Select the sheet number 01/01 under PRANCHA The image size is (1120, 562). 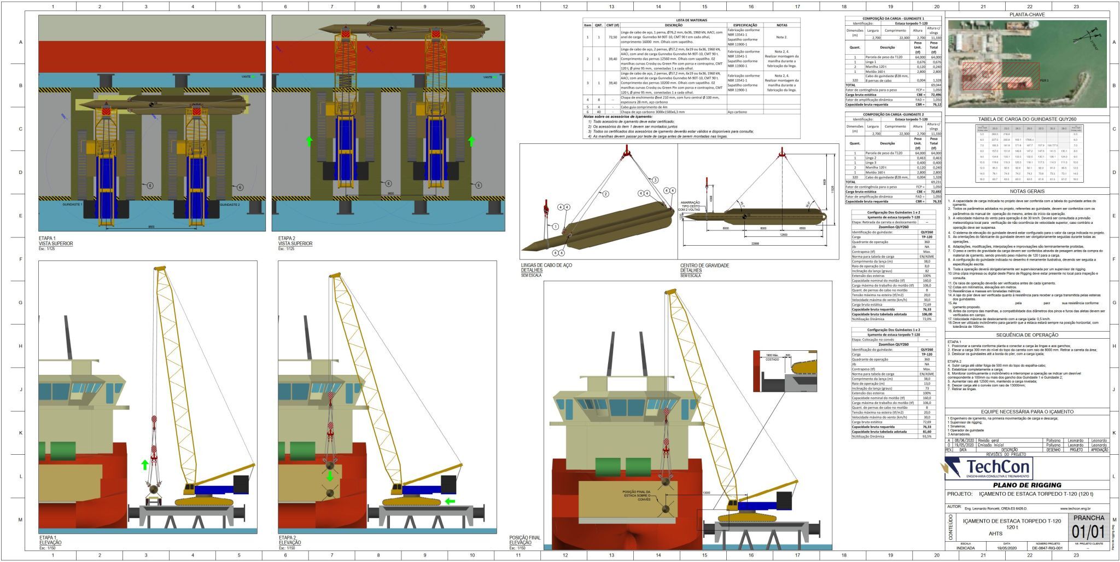point(1089,531)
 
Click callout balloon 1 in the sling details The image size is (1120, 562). point(555,226)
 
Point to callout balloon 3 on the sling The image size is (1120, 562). point(655,180)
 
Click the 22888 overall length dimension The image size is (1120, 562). point(755,243)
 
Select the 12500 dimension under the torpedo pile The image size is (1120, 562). point(783,235)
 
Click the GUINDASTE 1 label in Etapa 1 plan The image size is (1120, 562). point(73,204)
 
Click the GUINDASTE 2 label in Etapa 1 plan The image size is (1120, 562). point(230,204)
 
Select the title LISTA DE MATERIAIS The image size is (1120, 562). point(691,20)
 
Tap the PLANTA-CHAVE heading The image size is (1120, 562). point(1027,15)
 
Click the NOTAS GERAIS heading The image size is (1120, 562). point(1027,192)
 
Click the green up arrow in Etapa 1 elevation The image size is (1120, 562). point(144,465)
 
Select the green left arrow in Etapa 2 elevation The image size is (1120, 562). point(450,501)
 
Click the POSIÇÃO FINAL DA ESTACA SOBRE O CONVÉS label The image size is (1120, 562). point(637,495)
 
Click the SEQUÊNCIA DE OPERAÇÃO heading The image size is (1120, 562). point(1027,335)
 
